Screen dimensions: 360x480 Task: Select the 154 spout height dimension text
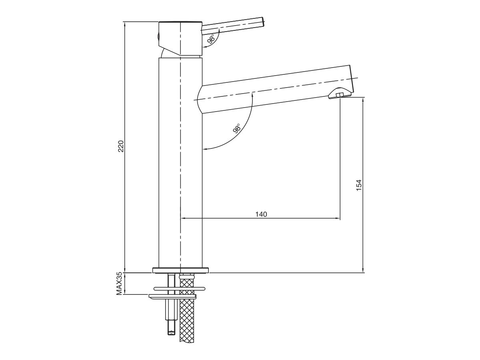click(359, 184)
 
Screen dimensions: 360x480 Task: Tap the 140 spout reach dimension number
click(261, 214)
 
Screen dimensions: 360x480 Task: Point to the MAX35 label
click(119, 283)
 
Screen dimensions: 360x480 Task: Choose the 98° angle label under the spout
click(236, 129)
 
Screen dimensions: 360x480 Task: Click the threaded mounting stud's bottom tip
click(171, 330)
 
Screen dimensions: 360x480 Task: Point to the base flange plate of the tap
click(181, 270)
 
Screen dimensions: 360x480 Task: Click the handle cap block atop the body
click(180, 38)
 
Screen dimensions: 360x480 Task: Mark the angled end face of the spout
click(352, 79)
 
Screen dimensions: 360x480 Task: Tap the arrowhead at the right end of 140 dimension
click(338, 218)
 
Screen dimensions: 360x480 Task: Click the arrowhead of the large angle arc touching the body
click(204, 149)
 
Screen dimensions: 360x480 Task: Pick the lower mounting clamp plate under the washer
click(173, 296)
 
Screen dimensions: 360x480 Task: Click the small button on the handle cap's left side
click(158, 37)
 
